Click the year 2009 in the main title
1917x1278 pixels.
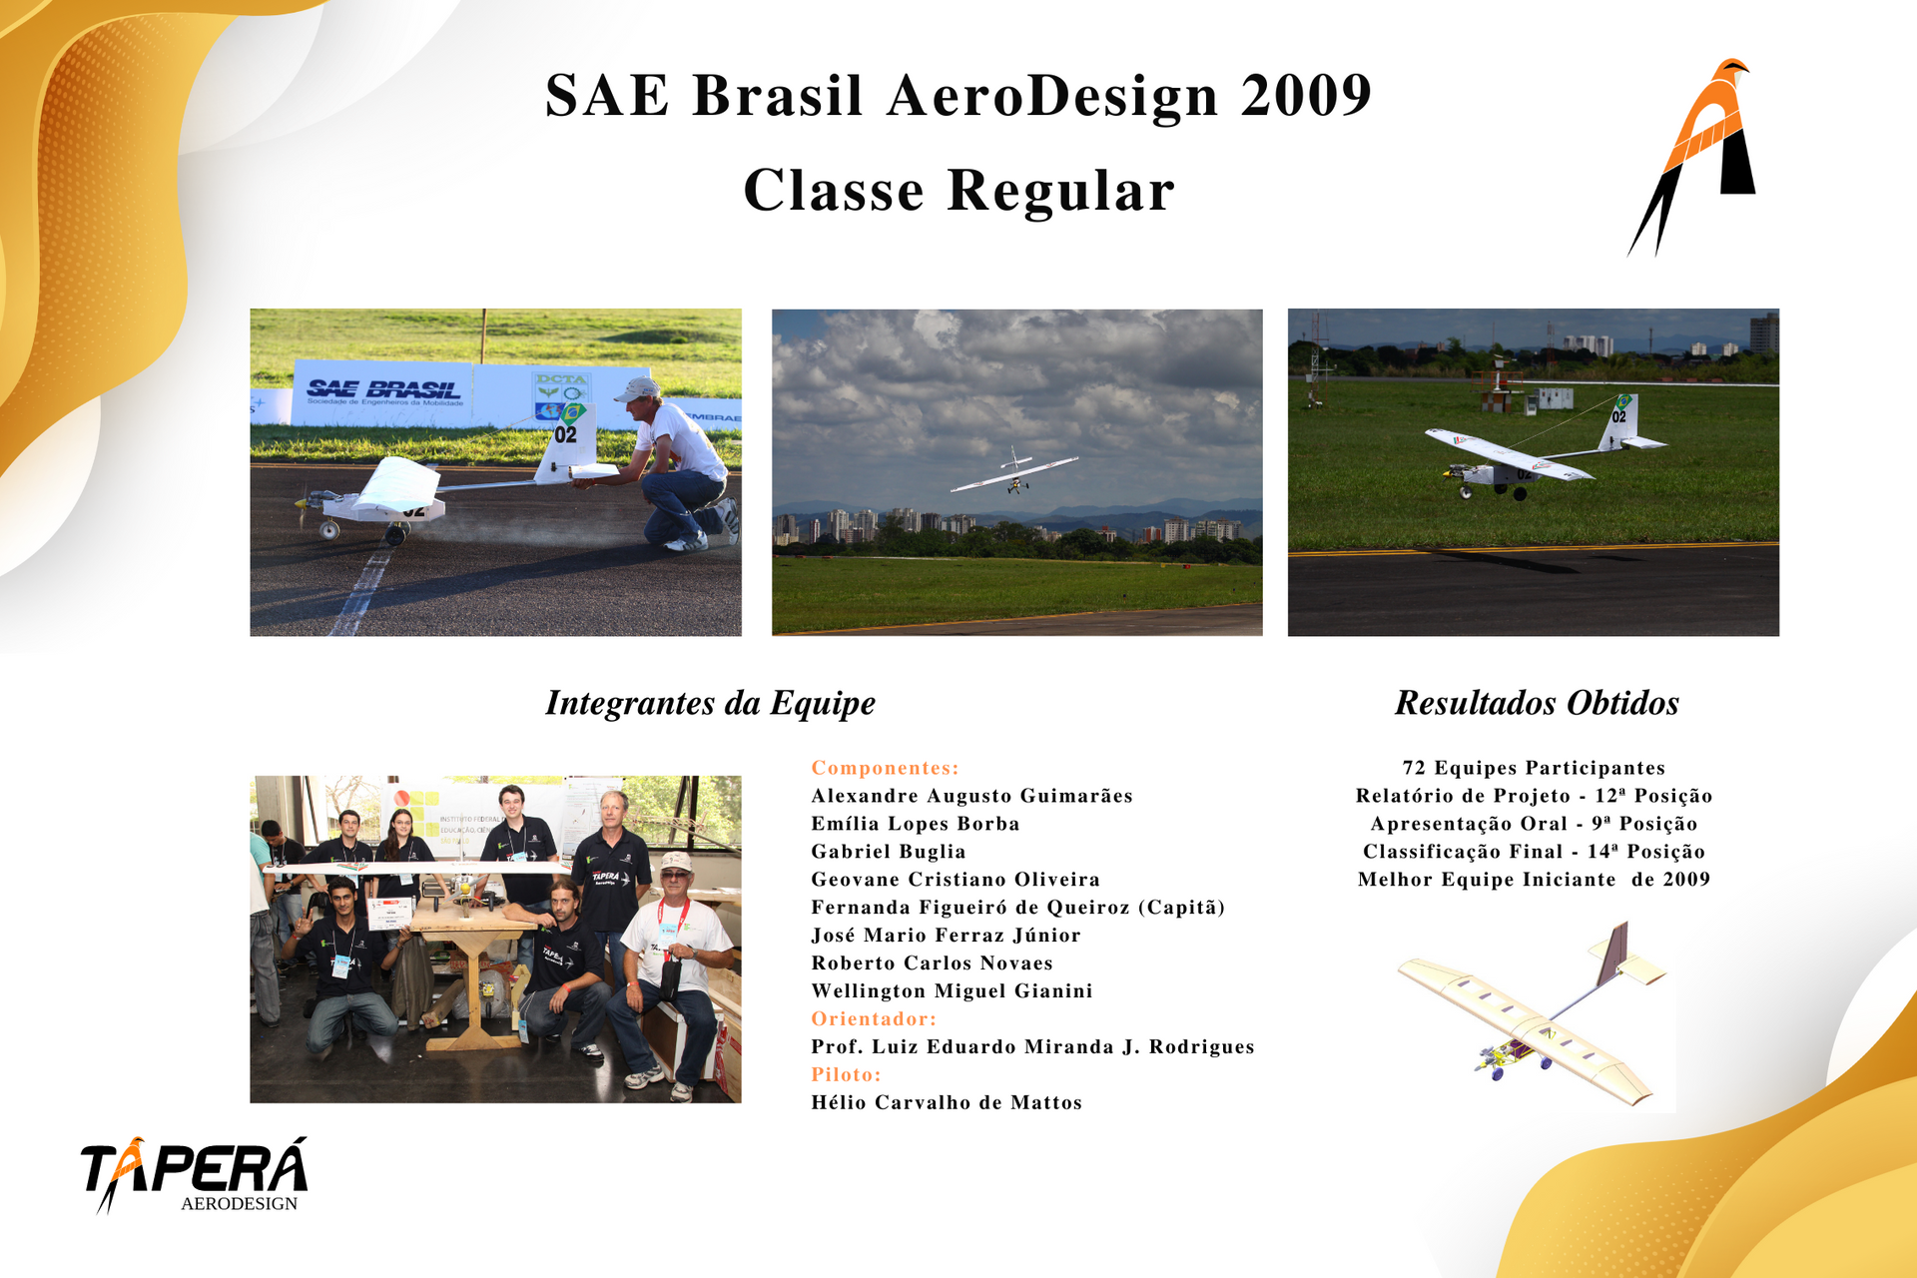tap(1306, 96)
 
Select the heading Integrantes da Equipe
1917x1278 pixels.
tap(710, 703)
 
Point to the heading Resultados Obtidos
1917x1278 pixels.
tap(1537, 703)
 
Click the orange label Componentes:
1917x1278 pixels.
tap(885, 768)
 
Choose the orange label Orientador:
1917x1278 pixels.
tap(874, 1018)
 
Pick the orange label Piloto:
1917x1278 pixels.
tap(846, 1074)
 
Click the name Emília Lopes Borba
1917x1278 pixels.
tap(916, 824)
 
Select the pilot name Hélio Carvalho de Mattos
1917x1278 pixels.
tap(947, 1102)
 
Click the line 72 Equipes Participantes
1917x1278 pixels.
tap(1534, 768)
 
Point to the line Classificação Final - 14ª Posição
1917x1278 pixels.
tap(1534, 852)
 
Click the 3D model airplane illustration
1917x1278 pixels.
tap(1533, 1013)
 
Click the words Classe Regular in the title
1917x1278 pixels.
tap(958, 191)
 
